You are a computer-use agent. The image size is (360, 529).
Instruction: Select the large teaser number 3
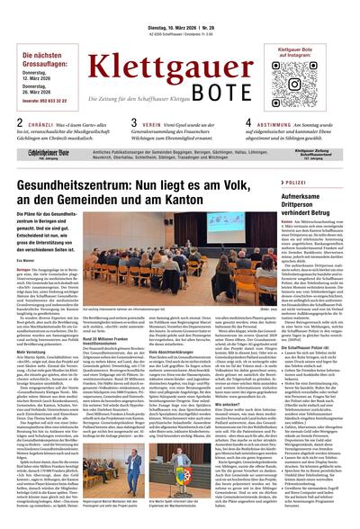coord(134,124)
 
